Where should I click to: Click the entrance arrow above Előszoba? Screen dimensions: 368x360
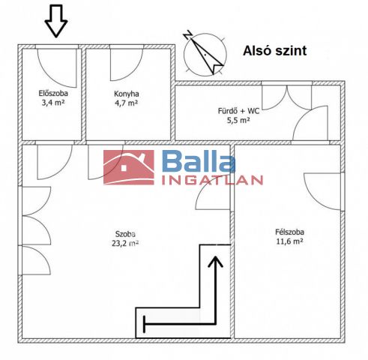click(56, 21)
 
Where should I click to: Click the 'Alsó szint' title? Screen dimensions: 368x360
click(274, 51)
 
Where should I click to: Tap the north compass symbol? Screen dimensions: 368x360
click(205, 54)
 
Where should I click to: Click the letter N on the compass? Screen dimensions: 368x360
click(188, 34)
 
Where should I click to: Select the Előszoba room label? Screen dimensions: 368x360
click(53, 94)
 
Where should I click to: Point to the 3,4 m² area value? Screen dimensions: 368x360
click(53, 103)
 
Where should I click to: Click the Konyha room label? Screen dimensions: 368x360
click(127, 94)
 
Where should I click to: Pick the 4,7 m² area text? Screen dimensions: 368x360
click(127, 103)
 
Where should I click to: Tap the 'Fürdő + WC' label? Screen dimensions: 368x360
click(238, 111)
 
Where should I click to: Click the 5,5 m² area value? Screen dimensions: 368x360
click(238, 120)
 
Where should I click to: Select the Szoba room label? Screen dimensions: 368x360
click(125, 234)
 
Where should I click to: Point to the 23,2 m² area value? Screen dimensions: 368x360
click(125, 243)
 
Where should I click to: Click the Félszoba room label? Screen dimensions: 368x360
click(289, 232)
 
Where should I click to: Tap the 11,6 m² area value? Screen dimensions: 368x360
click(289, 241)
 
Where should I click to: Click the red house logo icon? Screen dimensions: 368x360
click(129, 167)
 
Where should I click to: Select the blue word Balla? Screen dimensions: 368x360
click(199, 162)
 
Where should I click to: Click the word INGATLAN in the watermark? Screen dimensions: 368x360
click(212, 180)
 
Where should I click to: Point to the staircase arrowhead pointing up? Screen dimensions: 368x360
click(215, 262)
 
